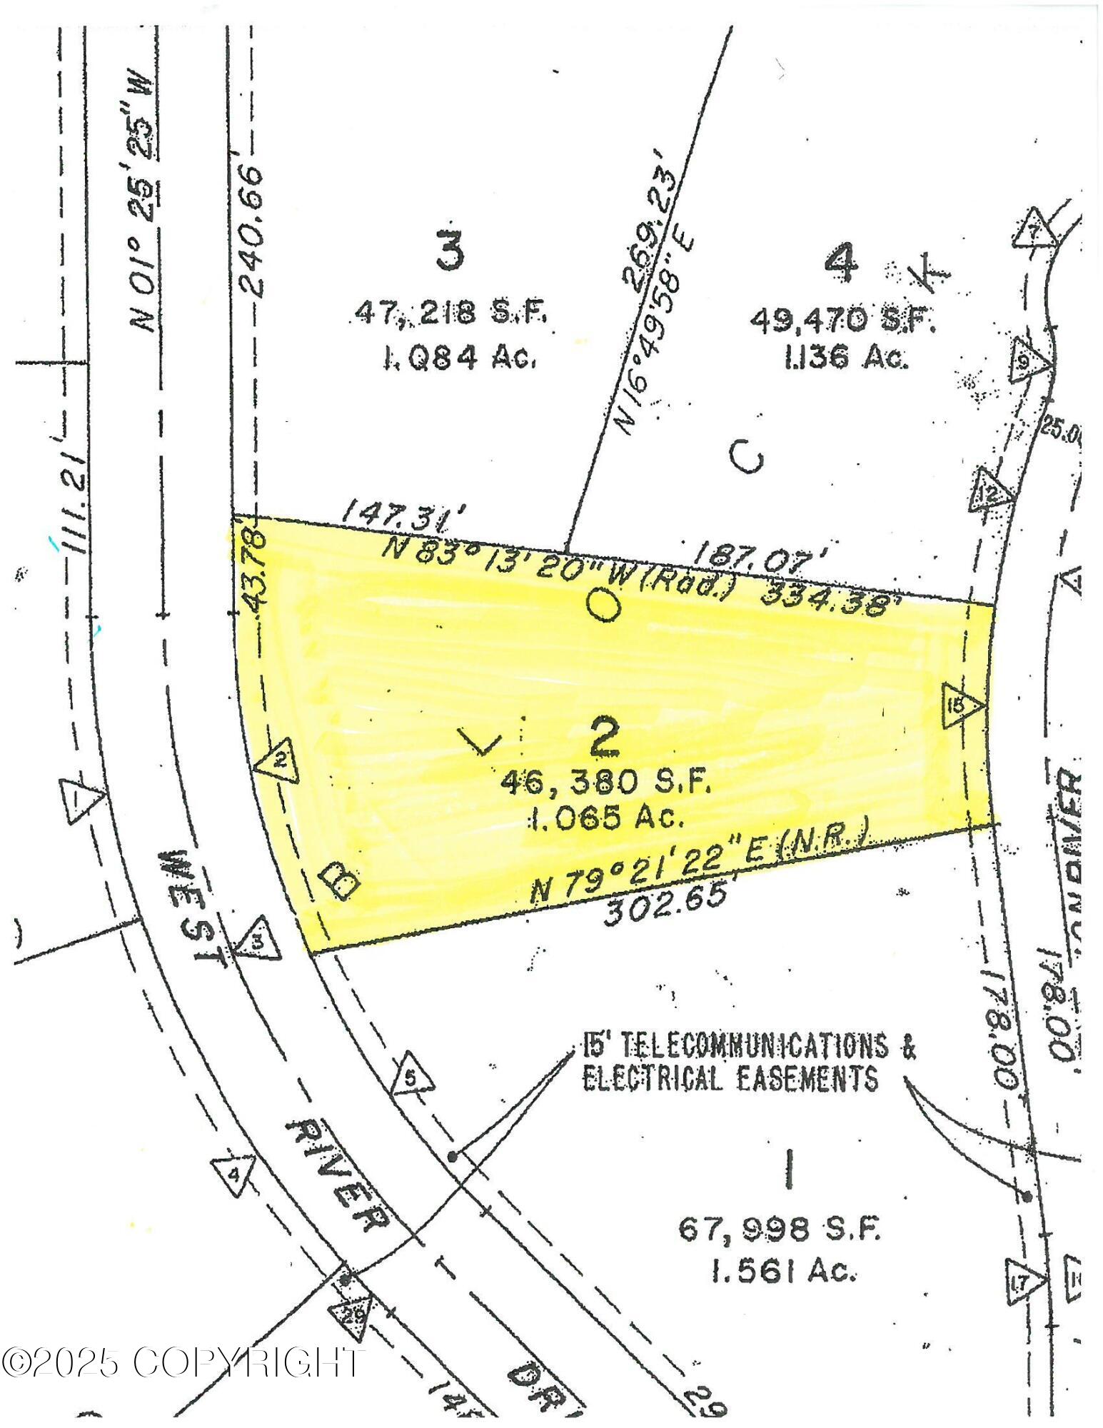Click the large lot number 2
(604, 738)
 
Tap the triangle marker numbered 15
(960, 705)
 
